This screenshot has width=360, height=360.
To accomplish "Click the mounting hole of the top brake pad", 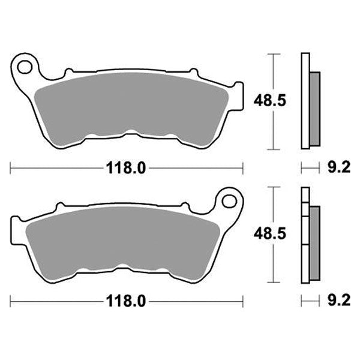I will tap(25, 65).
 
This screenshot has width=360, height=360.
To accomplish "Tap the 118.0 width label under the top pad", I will tap(127, 168).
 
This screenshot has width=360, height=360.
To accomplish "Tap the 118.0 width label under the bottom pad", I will tap(127, 299).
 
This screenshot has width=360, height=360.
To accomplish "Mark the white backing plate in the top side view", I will tap(304, 102).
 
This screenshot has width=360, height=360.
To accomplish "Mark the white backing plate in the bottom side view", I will tap(304, 234).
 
